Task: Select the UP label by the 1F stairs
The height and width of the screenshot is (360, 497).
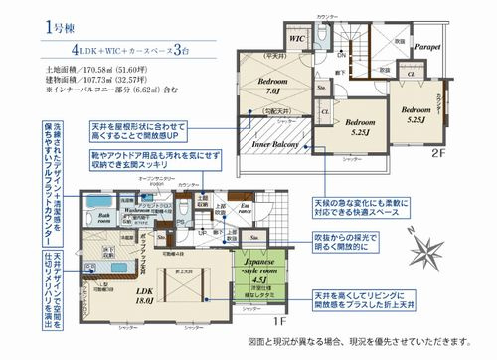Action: (x=203, y=232)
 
